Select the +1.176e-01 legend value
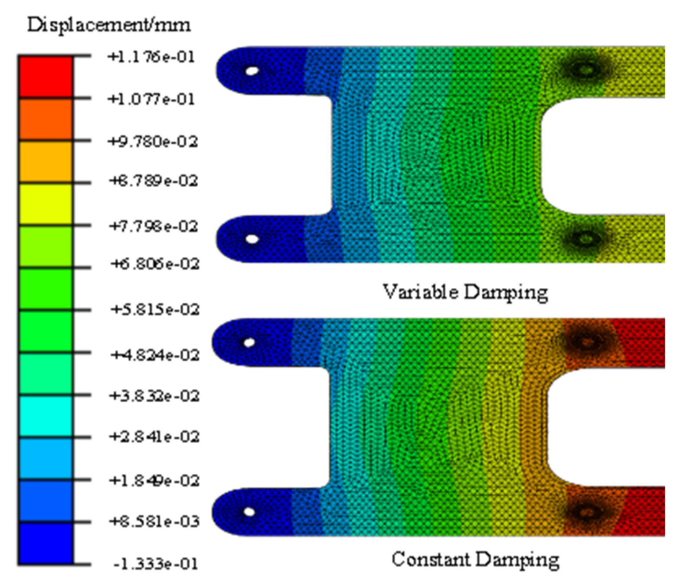(151, 57)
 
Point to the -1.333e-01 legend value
(156, 564)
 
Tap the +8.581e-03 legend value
(155, 521)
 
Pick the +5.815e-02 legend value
(155, 309)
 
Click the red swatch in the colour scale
(46, 77)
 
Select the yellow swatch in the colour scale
(46, 204)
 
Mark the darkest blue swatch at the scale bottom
(46, 543)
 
